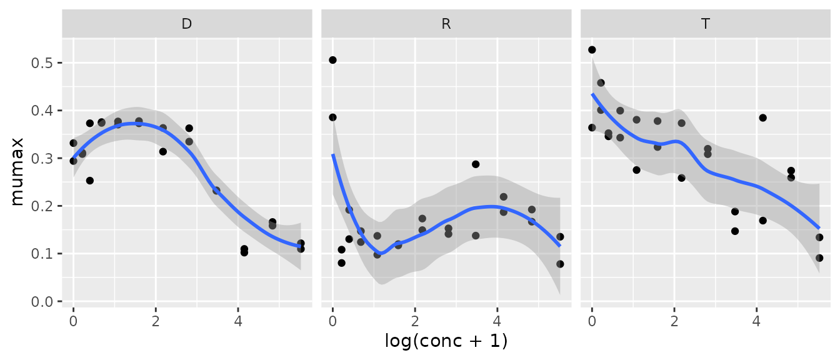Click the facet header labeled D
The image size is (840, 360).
[187, 24]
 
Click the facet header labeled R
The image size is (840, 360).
[446, 24]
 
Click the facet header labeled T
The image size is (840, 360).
[706, 24]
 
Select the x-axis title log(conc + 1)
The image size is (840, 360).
[446, 342]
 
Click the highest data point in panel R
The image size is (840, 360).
[332, 60]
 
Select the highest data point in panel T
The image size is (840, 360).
[592, 49]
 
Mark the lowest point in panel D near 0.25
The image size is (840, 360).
[90, 181]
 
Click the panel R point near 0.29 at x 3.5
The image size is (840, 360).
[476, 164]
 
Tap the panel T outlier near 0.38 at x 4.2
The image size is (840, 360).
[762, 117]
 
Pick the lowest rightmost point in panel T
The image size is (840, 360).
[819, 257]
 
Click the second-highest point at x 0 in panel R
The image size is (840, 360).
[332, 117]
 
